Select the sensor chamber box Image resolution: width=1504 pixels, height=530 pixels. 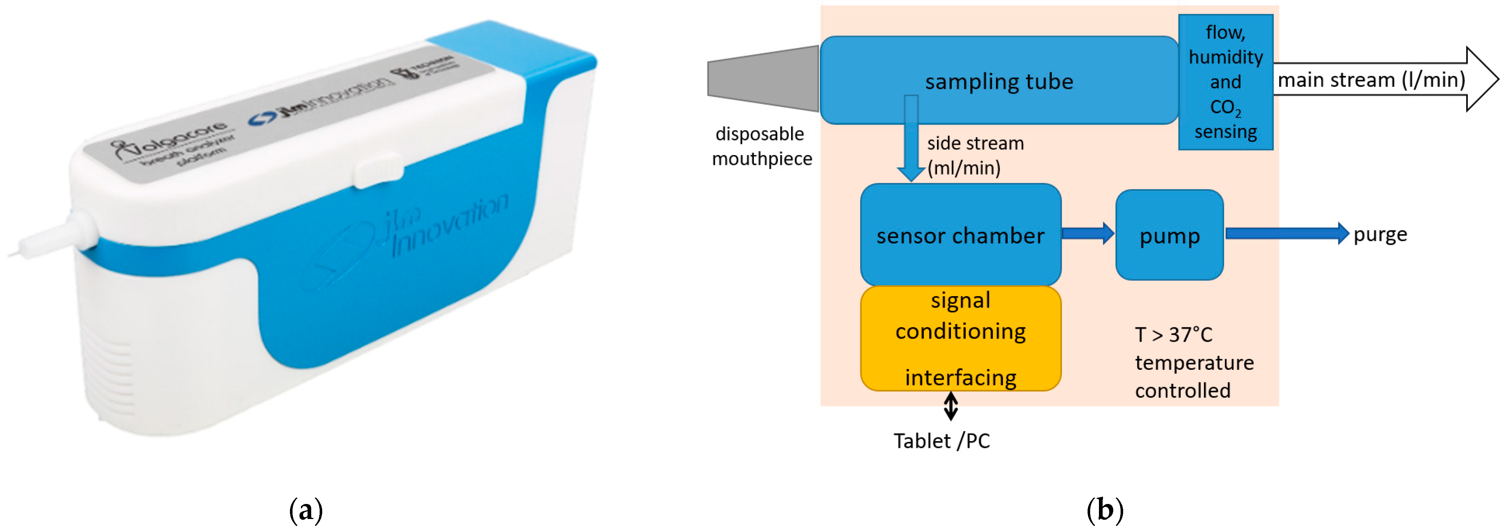(x=960, y=235)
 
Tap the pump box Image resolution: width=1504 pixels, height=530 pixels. (x=1169, y=235)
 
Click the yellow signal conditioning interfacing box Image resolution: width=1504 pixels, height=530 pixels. (x=960, y=339)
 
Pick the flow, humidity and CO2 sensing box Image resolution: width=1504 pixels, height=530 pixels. (x=1225, y=82)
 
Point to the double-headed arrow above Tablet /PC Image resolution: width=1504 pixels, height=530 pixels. (x=950, y=406)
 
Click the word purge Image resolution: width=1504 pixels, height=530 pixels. (x=1380, y=234)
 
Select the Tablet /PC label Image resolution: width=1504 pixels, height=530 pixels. (x=941, y=441)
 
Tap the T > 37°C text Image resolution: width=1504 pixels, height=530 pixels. (x=1173, y=335)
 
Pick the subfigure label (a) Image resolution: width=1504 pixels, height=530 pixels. (x=305, y=509)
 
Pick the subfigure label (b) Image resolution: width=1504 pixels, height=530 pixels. (x=1105, y=509)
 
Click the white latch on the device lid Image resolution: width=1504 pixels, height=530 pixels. (x=378, y=170)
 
